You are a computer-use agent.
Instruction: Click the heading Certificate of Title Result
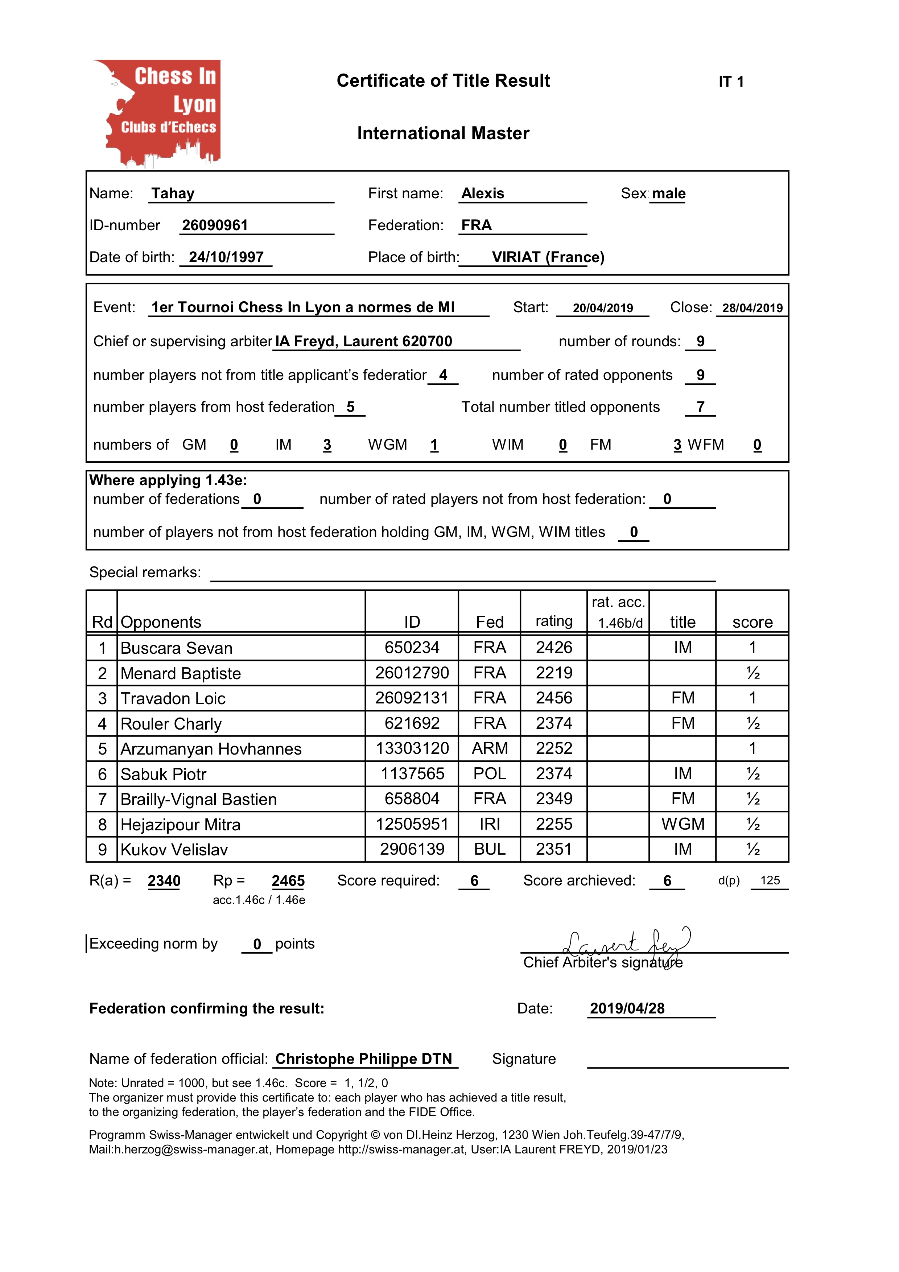point(443,81)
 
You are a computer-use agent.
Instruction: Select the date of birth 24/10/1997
point(226,257)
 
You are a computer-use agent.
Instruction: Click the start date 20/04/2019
point(603,308)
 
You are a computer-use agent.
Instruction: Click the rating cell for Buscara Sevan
point(554,648)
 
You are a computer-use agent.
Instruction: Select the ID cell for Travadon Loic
point(412,698)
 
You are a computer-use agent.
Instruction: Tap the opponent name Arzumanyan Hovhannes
point(211,749)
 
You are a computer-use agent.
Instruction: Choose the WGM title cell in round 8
point(683,824)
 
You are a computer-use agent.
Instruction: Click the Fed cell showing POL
point(490,774)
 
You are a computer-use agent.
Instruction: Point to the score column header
point(752,622)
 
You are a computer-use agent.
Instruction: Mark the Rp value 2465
point(288,881)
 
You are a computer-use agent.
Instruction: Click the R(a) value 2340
point(164,881)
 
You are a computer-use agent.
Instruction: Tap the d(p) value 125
point(770,880)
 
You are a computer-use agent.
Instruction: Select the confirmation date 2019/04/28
point(627,1008)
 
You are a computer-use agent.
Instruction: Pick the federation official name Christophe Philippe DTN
point(364,1059)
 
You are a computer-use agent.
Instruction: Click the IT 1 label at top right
point(731,82)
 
